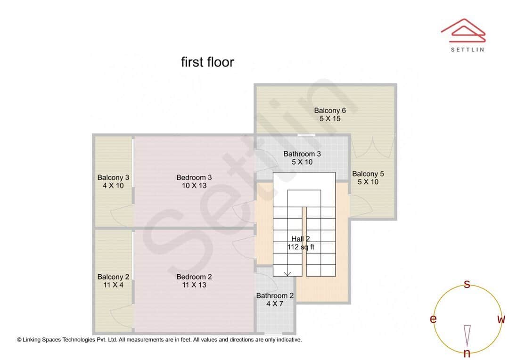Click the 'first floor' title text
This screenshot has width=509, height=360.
[x=207, y=62]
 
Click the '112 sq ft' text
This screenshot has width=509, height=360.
[x=301, y=247]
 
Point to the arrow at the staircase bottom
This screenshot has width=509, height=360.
[x=287, y=273]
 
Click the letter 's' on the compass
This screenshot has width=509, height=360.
[x=467, y=284]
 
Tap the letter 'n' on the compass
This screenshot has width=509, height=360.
[x=467, y=353]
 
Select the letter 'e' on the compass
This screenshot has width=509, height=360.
[x=433, y=319]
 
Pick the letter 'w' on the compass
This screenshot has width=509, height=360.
[x=501, y=319]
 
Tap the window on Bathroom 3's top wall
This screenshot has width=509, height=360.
[x=306, y=135]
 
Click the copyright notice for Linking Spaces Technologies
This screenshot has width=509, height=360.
[x=159, y=339]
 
